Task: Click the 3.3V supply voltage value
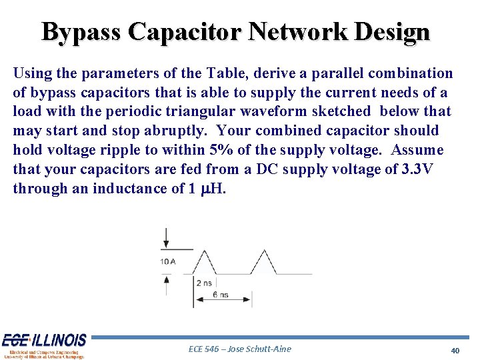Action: pyautogui.click(x=417, y=169)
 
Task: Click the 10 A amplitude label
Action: pyautogui.click(x=167, y=262)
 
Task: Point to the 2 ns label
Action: pyautogui.click(x=204, y=283)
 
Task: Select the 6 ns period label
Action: pyautogui.click(x=220, y=295)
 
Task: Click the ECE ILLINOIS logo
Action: pyautogui.click(x=44, y=345)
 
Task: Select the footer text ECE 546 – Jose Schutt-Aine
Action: pyautogui.click(x=240, y=349)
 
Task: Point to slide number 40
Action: pyautogui.click(x=455, y=350)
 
